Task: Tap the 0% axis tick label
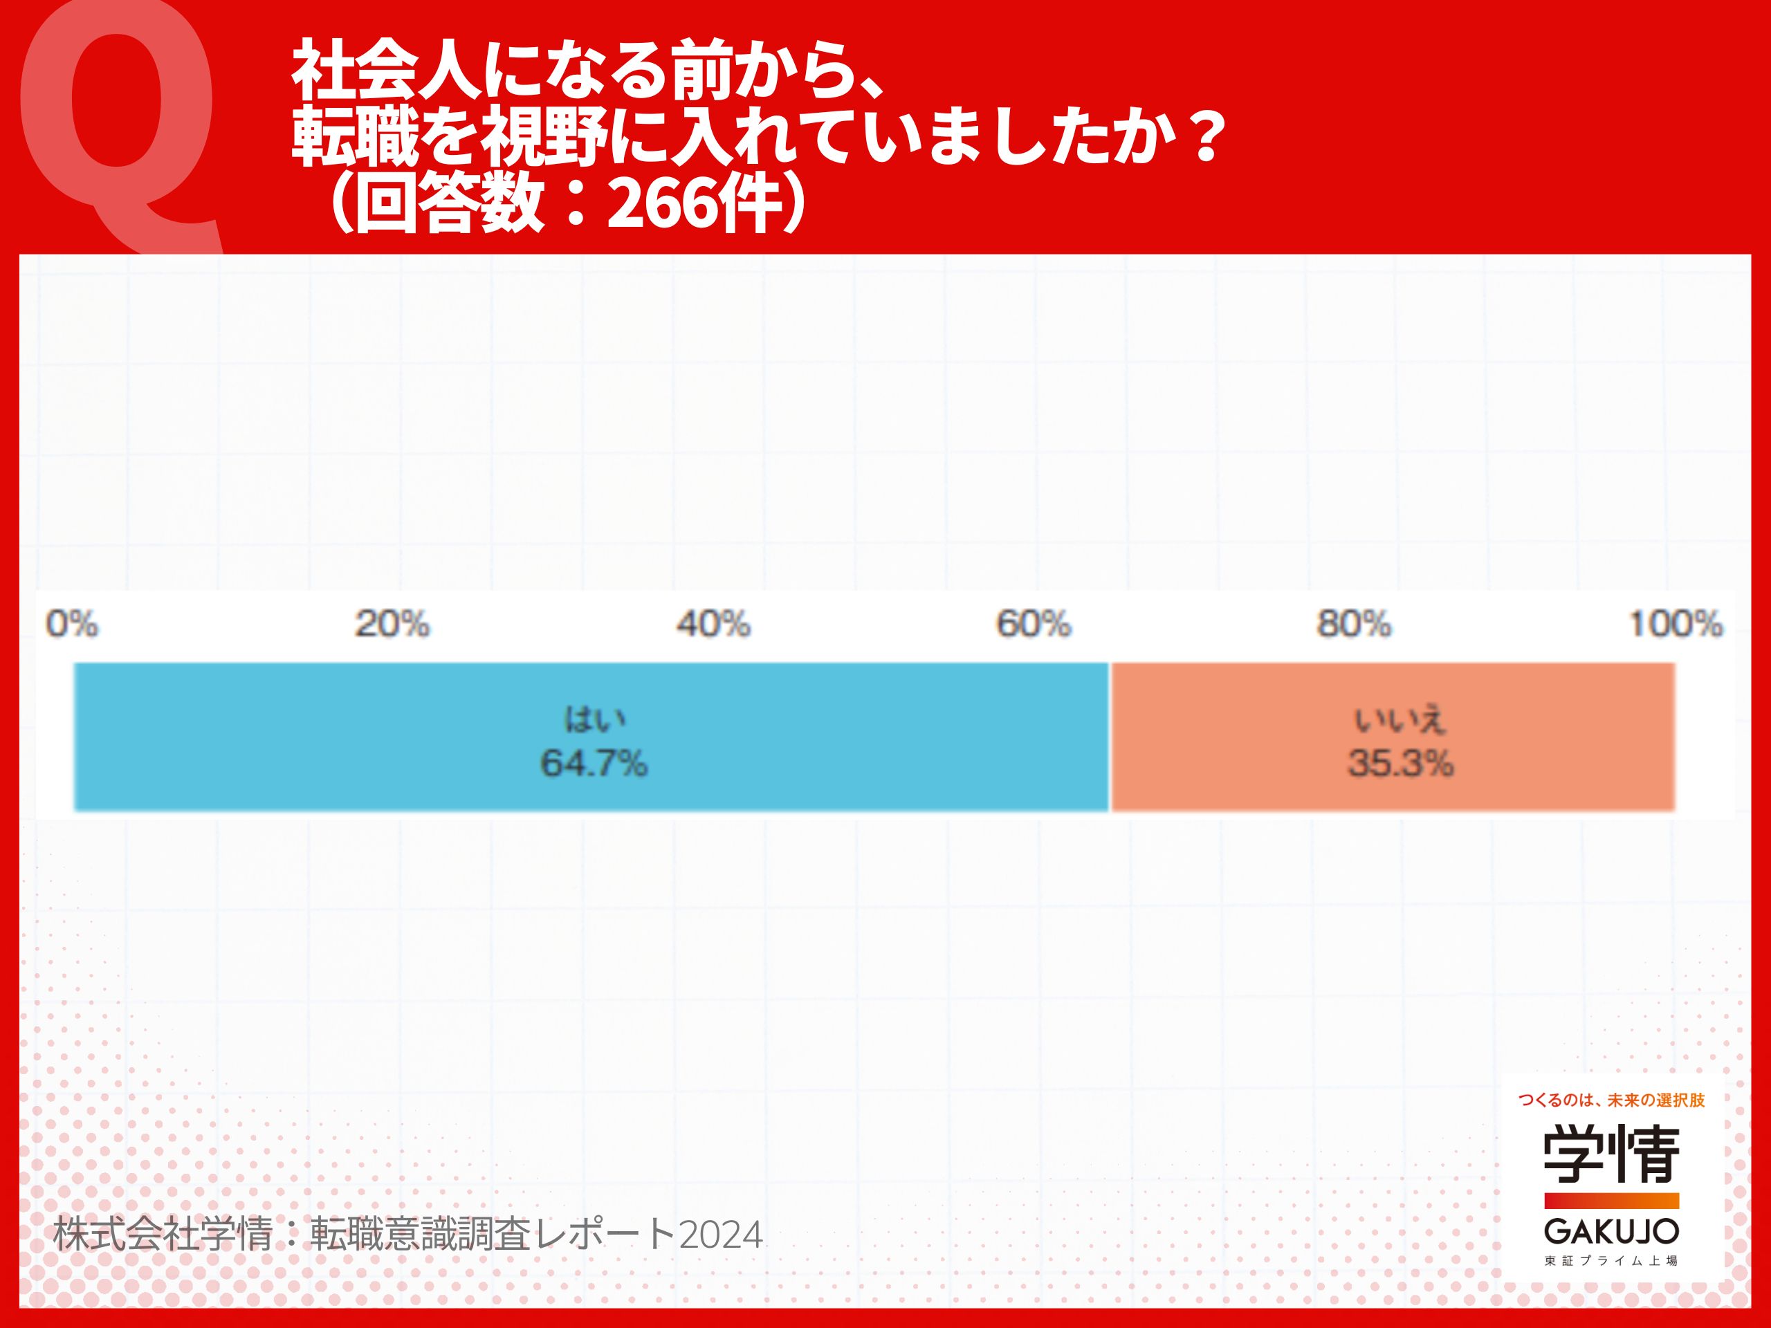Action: (72, 624)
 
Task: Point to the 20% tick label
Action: (392, 624)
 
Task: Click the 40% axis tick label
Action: (713, 624)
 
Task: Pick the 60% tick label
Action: (1033, 624)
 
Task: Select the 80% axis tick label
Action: (1354, 624)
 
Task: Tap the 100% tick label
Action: (1676, 624)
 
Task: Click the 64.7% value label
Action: (594, 763)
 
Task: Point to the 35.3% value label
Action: (1400, 763)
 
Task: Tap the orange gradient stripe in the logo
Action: (1612, 1200)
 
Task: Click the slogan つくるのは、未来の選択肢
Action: (1612, 1100)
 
